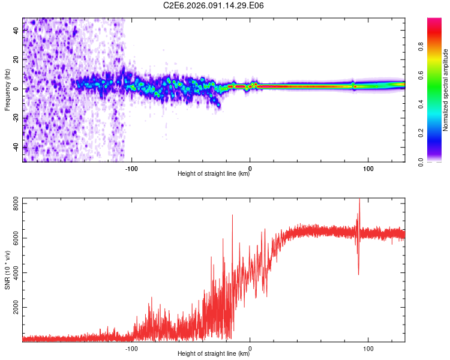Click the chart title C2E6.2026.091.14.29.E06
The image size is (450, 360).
214,5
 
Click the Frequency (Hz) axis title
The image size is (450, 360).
7,89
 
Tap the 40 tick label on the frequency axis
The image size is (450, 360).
16,31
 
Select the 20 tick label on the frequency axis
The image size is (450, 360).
16,60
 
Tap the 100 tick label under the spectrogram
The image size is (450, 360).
368,167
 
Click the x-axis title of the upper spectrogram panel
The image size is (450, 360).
214,174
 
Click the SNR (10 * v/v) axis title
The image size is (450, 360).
7,269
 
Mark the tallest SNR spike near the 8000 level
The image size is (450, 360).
359,201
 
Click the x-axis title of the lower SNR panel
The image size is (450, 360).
214,354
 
